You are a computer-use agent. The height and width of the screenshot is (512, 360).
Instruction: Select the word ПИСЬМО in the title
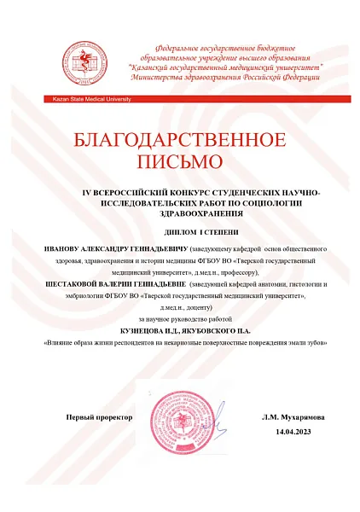[179, 160]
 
